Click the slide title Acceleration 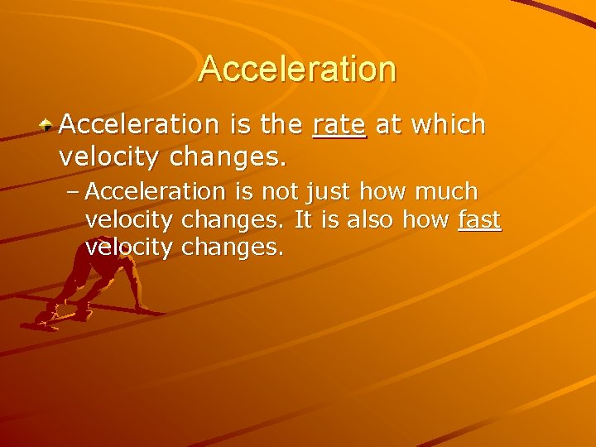[297, 69]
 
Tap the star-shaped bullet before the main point [48, 126]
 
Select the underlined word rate [339, 125]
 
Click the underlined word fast [479, 219]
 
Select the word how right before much [387, 191]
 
